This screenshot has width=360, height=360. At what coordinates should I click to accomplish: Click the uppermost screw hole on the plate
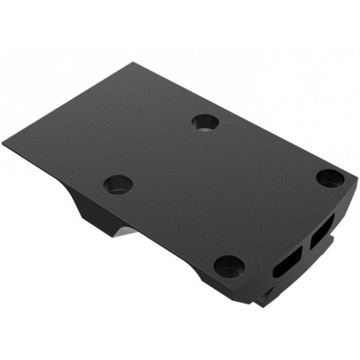pyautogui.click(x=205, y=122)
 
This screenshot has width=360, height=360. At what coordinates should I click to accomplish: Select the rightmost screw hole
pyautogui.click(x=330, y=178)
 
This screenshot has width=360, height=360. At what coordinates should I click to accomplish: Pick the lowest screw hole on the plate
pyautogui.click(x=229, y=266)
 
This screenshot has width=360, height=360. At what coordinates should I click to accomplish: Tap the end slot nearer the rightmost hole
pyautogui.click(x=322, y=230)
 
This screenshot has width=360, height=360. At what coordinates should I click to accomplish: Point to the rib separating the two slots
pyautogui.click(x=307, y=246)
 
